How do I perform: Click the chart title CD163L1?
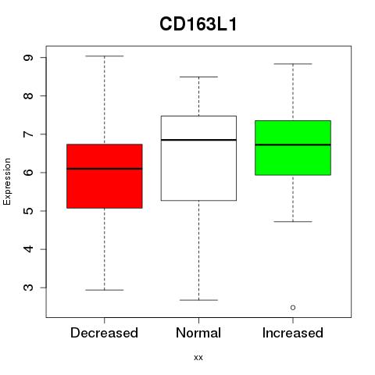point(198,24)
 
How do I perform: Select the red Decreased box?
point(105,176)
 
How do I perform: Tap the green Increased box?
point(293,148)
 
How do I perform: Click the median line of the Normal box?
point(198,140)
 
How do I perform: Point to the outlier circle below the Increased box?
point(293,308)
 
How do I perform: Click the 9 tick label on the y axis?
point(29,58)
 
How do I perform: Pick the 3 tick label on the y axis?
point(29,287)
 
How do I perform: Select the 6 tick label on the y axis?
point(29,173)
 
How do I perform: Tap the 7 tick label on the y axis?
point(29,134)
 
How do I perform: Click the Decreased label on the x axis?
point(104,333)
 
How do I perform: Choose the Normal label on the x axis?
point(198,333)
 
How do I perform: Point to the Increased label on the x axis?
point(293,333)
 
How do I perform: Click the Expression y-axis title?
point(7,181)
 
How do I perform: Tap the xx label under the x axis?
point(198,358)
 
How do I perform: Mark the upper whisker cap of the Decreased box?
point(105,56)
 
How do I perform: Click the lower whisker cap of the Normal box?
point(198,300)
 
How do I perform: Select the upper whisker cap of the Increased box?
point(293,64)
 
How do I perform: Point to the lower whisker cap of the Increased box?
point(293,222)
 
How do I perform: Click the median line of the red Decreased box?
point(105,169)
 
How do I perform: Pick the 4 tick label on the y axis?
point(29,249)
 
